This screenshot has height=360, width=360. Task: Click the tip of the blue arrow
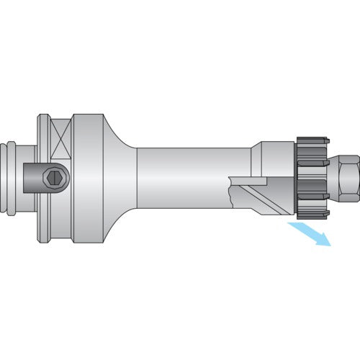click(x=329, y=246)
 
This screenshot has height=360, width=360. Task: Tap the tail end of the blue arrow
click(x=289, y=226)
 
